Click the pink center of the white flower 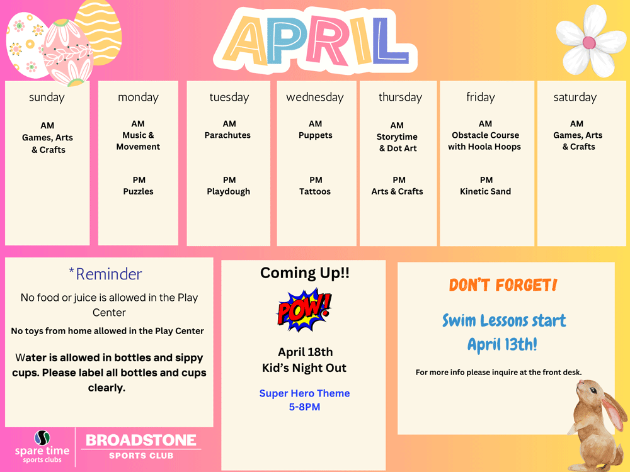(589, 43)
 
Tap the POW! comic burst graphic (304, 310)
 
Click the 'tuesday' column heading (229, 98)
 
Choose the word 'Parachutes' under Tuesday (227, 135)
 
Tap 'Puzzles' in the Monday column (138, 191)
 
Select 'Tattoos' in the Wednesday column (315, 191)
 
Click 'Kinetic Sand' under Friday (485, 191)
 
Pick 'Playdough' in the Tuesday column (228, 192)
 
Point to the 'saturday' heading (575, 98)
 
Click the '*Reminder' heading (105, 274)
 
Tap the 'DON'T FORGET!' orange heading (503, 285)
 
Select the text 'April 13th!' (502, 344)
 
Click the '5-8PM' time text (304, 407)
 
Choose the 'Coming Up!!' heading (304, 273)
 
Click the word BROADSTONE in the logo (141, 441)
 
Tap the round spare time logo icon (42, 437)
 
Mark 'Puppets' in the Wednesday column (316, 135)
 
